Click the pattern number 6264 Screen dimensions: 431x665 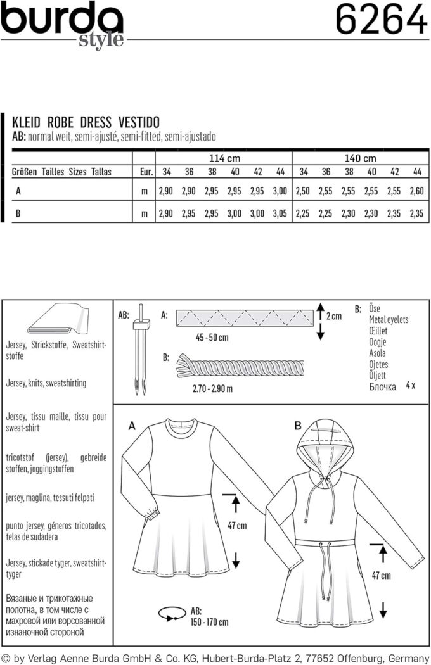[382, 20]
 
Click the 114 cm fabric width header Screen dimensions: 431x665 [224, 158]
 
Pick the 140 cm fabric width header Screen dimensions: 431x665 [360, 158]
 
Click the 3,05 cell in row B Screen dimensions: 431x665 [280, 213]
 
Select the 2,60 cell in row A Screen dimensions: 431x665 [416, 191]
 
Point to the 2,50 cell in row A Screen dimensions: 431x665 [303, 191]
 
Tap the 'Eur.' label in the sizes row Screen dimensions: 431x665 [146, 172]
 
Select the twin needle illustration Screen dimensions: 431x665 [141, 350]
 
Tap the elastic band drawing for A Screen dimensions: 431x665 [245, 318]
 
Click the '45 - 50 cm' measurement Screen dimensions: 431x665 [212, 338]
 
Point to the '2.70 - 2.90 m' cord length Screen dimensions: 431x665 [213, 388]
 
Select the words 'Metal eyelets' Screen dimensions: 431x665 [389, 320]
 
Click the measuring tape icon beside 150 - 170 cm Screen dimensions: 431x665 [172, 614]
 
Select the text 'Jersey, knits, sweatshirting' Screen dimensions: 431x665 [46, 383]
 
